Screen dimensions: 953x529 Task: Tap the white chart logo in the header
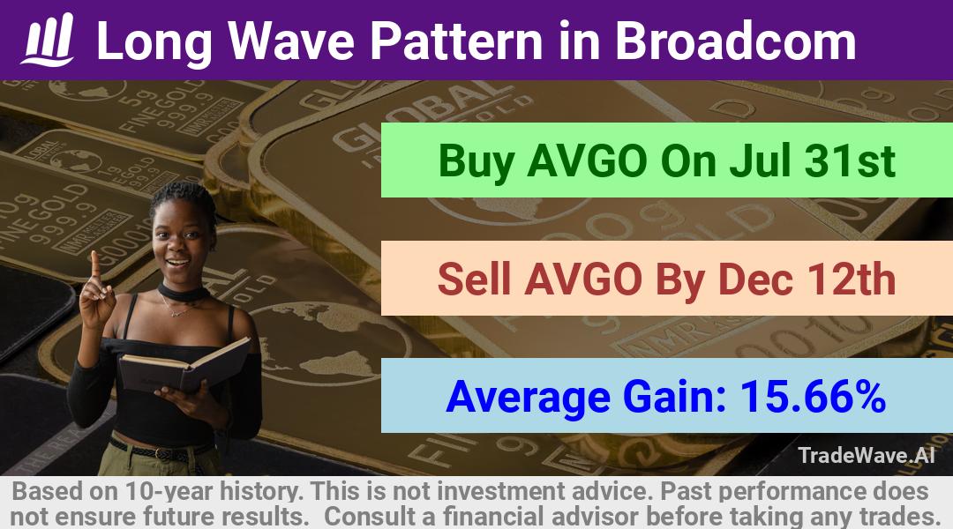click(48, 40)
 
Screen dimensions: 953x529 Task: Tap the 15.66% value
click(812, 396)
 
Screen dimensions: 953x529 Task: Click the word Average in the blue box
click(528, 398)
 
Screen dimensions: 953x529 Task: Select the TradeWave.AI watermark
click(867, 455)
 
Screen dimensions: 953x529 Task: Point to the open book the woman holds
click(184, 365)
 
